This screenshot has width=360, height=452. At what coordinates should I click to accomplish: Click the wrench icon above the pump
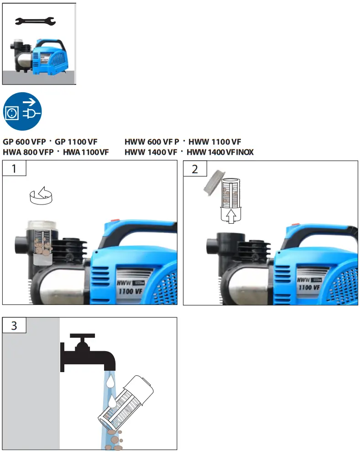tap(35, 21)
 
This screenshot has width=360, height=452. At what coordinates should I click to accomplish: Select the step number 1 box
tap(14, 168)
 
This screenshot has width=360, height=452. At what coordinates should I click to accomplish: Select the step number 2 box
tap(195, 168)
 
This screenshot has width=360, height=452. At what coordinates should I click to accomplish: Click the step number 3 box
tap(14, 326)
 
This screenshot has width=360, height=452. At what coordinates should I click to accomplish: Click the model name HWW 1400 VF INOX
tap(220, 152)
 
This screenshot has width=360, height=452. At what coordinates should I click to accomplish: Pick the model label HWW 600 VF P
tap(152, 142)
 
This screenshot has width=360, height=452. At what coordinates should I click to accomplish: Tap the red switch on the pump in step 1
tap(115, 220)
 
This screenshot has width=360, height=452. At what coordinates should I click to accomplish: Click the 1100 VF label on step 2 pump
tap(309, 287)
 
